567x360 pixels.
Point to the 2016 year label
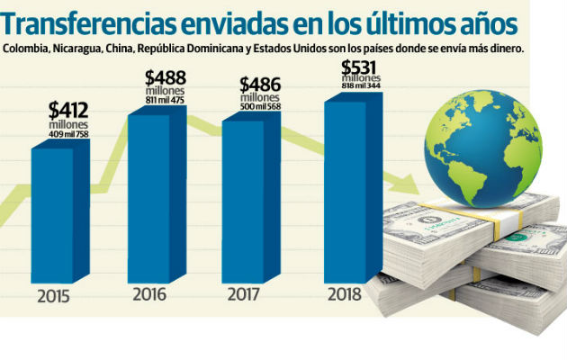point(149,293)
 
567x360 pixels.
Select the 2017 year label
point(244,293)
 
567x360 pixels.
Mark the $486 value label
point(261,85)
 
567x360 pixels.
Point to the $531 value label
point(362,67)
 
